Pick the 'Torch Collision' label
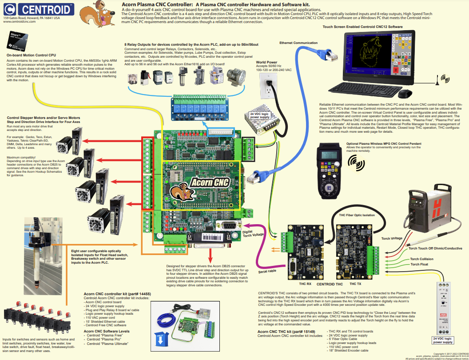(421, 259)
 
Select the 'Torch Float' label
(419, 265)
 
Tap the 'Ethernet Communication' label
(298, 43)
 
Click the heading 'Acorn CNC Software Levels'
(107, 331)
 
